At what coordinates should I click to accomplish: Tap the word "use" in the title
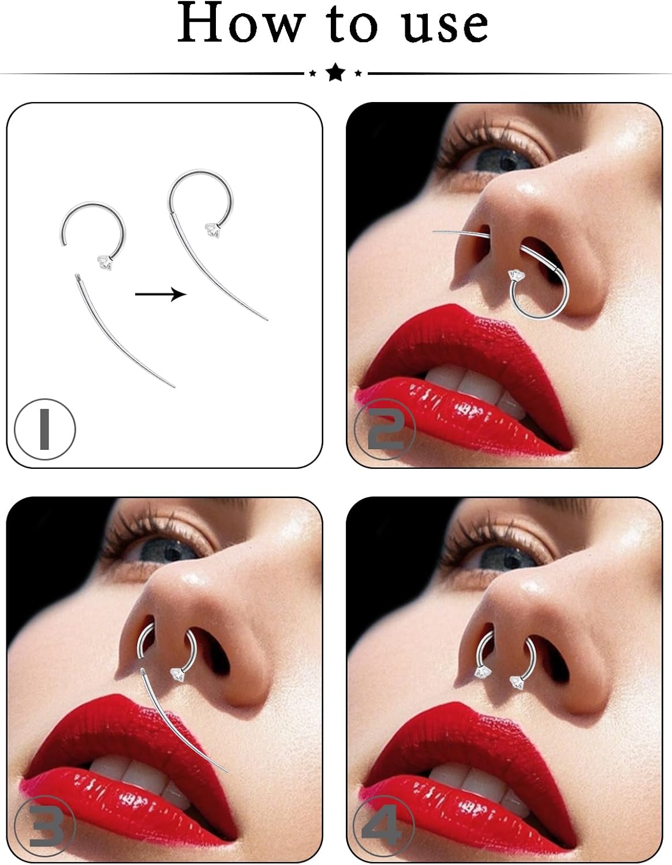click(445, 25)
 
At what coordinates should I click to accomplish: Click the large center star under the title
click(335, 73)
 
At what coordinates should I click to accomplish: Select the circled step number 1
click(44, 429)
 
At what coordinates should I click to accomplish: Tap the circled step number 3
click(44, 829)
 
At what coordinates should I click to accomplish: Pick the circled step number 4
click(384, 829)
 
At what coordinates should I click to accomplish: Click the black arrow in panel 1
click(160, 294)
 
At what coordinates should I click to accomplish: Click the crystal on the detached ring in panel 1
click(104, 264)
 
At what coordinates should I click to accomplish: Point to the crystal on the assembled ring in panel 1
click(211, 231)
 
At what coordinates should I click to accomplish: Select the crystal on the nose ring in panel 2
click(516, 277)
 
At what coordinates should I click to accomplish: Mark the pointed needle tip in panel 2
click(434, 232)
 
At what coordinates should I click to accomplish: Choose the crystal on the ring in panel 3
click(177, 674)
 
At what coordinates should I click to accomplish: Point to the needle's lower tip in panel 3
click(227, 772)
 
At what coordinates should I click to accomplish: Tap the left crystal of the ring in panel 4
click(483, 672)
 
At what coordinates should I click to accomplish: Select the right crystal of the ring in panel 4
click(517, 682)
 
